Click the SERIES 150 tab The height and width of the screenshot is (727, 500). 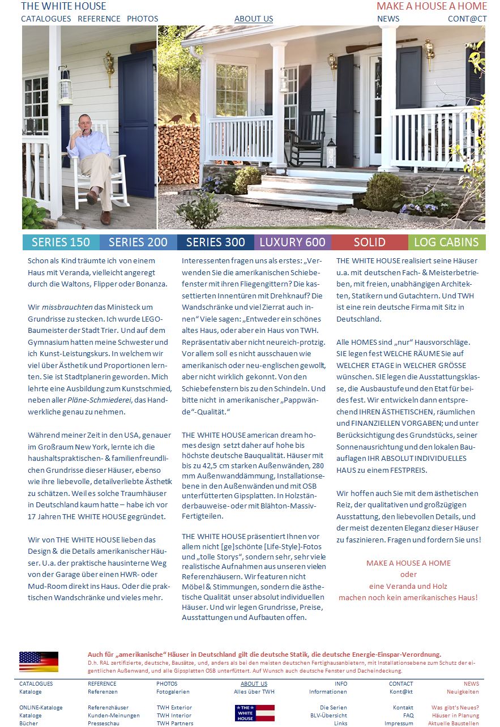point(61,242)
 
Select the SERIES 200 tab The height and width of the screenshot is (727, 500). point(138,242)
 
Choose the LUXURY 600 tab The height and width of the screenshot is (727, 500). point(292,242)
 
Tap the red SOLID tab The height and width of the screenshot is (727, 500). point(369,242)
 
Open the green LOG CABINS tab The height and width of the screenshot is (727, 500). point(446,242)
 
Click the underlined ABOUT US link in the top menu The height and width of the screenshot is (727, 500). point(254,19)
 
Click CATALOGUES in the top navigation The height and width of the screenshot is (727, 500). point(46,19)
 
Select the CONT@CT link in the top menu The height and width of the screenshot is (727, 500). point(467,19)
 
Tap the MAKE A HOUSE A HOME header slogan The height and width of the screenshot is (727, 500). point(431,6)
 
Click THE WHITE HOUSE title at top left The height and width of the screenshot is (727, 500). point(63,6)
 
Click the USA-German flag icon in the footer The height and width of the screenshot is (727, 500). point(39,661)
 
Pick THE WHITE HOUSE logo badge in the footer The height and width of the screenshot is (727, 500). point(254,713)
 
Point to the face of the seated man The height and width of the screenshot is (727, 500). point(84,124)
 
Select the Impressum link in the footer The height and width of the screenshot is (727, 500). point(399,724)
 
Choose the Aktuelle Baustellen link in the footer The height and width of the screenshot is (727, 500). point(453,724)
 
